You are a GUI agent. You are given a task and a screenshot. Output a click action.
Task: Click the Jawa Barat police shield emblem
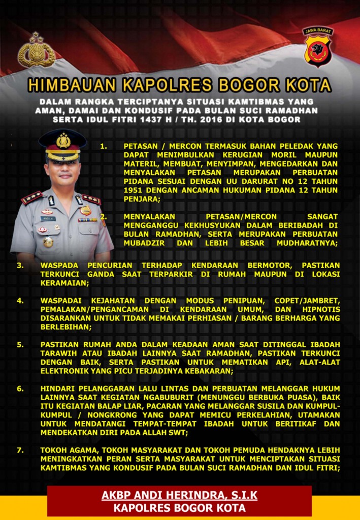pos(318,47)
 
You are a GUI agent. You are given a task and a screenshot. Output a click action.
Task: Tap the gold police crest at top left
pos(36,50)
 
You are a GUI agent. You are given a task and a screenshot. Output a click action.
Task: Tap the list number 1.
pos(104,146)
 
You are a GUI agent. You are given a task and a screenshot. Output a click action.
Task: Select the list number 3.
pos(20,265)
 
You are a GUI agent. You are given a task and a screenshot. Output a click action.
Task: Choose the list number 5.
pos(20,344)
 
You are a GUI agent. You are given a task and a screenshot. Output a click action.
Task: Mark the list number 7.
pos(20,450)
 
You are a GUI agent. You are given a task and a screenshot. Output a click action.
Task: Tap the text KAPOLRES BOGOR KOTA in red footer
pos(180,508)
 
